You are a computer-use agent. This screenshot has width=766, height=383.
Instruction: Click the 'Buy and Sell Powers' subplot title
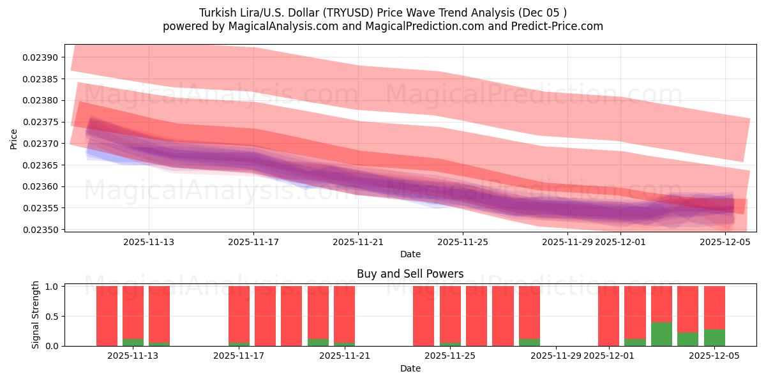(410, 274)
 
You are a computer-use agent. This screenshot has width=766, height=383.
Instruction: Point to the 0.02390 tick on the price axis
(40, 57)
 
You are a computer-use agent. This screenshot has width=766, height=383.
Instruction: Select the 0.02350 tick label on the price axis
(40, 230)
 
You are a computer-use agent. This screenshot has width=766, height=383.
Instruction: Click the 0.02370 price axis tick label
(40, 144)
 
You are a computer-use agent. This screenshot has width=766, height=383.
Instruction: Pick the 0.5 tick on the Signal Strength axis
(52, 316)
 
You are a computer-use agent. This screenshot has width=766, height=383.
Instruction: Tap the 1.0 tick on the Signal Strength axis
(52, 287)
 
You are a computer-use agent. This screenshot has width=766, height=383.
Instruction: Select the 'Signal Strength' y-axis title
(36, 315)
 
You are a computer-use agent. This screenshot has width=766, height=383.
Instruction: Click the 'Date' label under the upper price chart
(410, 254)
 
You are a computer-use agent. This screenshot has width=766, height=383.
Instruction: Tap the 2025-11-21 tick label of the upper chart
(358, 241)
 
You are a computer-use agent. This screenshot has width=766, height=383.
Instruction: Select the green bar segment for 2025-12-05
(714, 338)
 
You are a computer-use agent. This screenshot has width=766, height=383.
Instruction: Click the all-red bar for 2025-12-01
(608, 316)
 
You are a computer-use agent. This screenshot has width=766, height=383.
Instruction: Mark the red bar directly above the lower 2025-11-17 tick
(239, 314)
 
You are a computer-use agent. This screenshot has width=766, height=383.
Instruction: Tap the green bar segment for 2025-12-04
(687, 339)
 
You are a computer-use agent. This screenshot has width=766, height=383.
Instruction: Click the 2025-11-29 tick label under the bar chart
(556, 356)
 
